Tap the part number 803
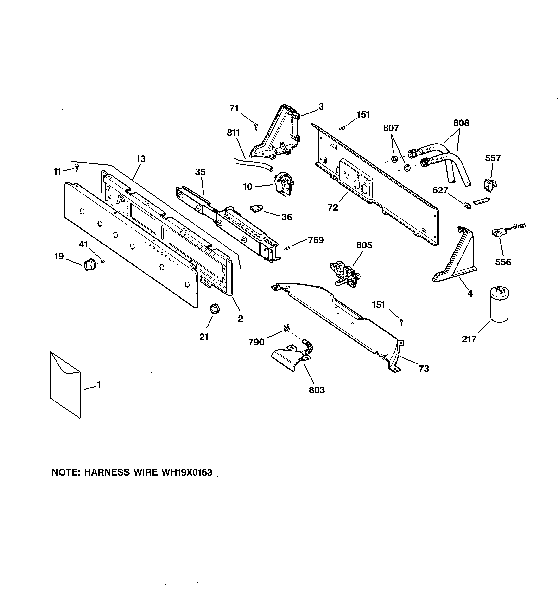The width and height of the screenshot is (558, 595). point(317,390)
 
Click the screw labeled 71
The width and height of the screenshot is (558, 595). point(256,126)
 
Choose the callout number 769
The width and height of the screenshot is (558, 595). point(316,240)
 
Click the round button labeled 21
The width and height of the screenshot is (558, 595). point(214,308)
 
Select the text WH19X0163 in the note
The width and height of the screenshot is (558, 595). point(187,472)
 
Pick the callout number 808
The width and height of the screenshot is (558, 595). point(461,123)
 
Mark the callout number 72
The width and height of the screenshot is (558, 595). point(332,207)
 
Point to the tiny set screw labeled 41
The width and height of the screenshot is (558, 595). point(103,261)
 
